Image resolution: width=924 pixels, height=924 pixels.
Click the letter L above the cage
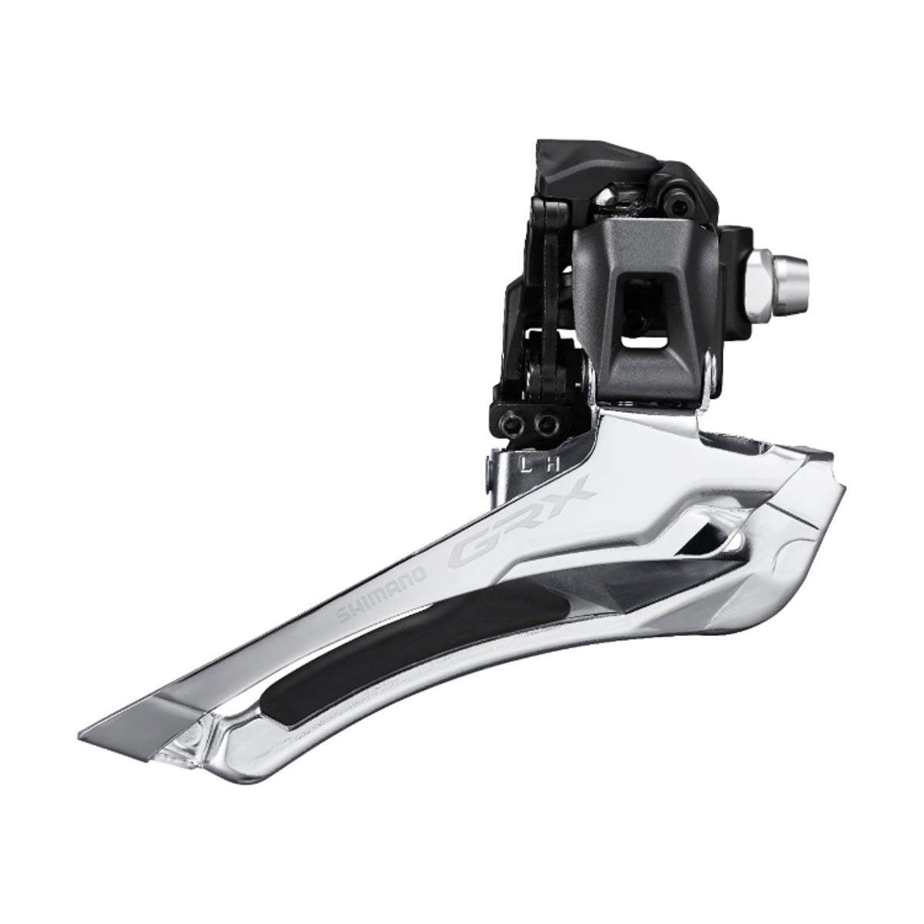pos(524,464)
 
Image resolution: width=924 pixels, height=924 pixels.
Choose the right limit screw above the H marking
pos(547,420)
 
